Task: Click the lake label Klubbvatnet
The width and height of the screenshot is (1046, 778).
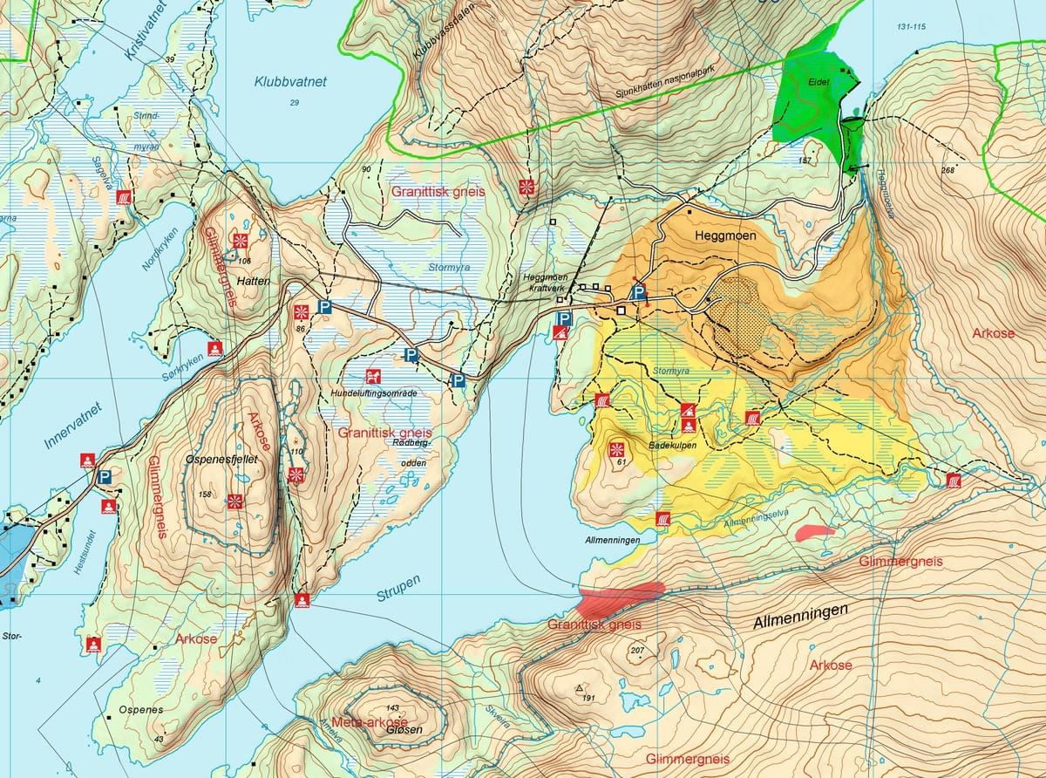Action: coord(290,82)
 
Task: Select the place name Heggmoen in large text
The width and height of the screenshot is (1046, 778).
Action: coord(726,236)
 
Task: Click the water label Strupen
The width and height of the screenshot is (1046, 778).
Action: coord(398,593)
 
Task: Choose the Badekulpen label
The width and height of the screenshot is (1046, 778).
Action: coord(669,445)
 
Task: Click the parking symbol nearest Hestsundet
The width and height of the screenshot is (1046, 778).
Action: coord(105,477)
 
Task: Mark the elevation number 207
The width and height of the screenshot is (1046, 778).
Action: coord(635,652)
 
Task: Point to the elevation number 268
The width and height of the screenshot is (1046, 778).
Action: coord(948,169)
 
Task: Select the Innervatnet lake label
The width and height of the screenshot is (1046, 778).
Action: coord(72,427)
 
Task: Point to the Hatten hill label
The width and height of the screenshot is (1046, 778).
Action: coord(251,282)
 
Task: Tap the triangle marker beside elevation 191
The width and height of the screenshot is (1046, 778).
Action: coord(580,688)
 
